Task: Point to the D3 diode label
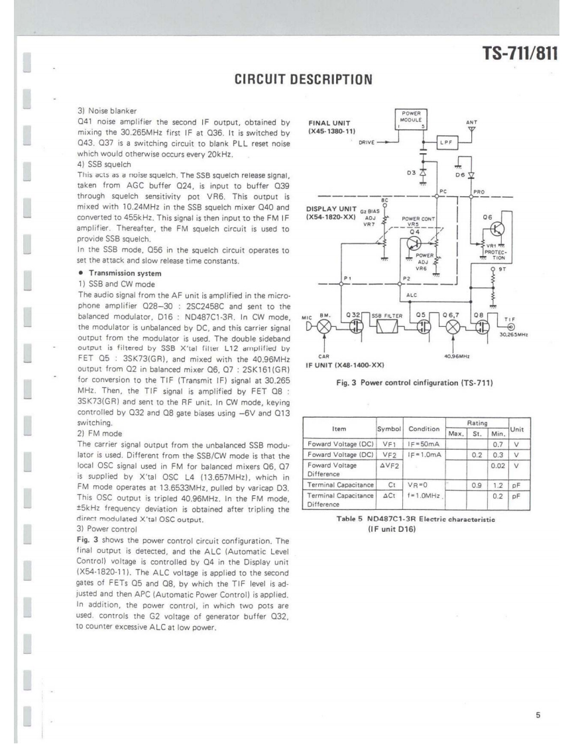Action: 411,172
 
